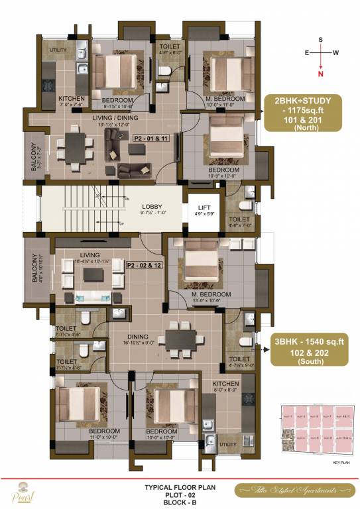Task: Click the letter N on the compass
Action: click(x=321, y=75)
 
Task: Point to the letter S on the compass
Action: click(x=321, y=40)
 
